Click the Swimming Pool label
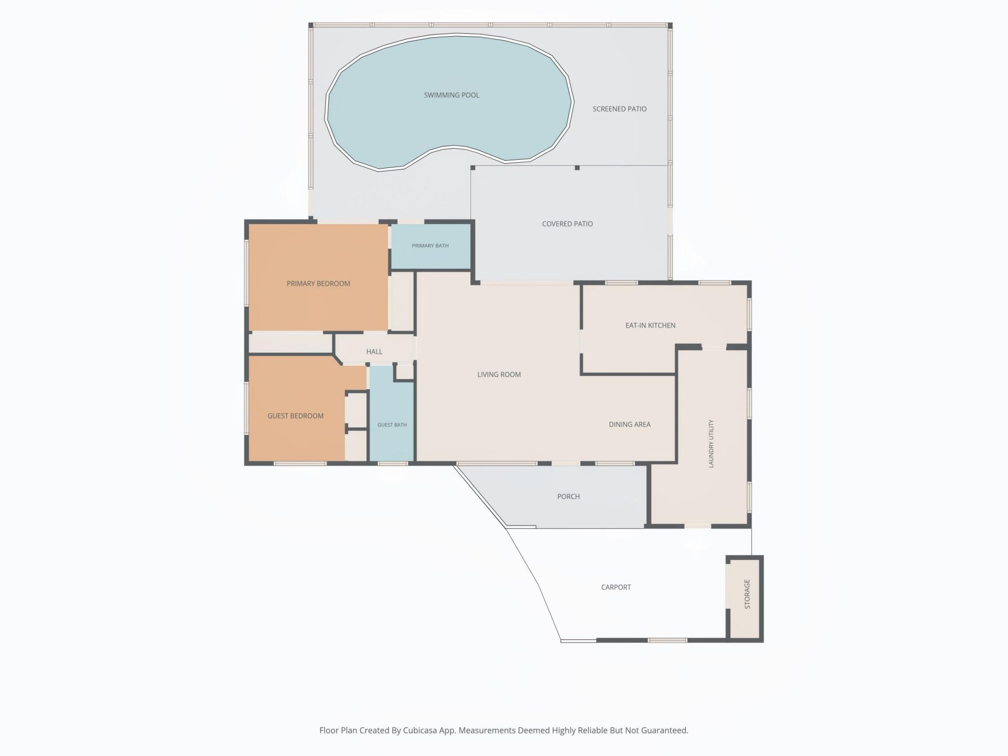point(451,95)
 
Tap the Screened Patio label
point(619,109)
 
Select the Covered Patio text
point(568,224)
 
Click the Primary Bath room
point(430,246)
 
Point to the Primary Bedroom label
point(318,283)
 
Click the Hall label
point(374,352)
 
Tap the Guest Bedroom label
point(296,416)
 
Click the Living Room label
point(499,374)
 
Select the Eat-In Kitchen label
point(650,325)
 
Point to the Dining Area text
point(629,424)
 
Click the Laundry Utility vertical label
point(711,444)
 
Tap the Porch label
point(569,496)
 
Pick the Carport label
point(616,587)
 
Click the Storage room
point(745,599)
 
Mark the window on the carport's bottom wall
point(667,640)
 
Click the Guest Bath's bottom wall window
point(393,463)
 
